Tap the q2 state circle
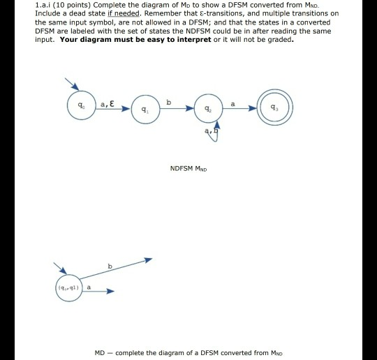208,109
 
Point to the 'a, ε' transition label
107,103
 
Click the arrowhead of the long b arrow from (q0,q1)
147,259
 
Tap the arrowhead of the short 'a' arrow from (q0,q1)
109,292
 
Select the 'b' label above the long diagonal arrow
109,265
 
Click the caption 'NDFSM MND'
188,168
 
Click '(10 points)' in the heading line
72,6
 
